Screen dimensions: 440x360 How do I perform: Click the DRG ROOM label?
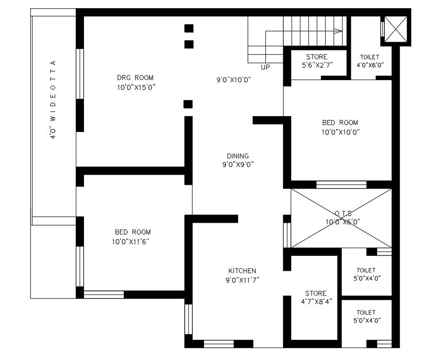[135, 77]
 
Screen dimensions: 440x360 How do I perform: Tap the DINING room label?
[238, 156]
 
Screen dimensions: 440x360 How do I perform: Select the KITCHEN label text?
[242, 271]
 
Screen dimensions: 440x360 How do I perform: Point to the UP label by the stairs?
[265, 67]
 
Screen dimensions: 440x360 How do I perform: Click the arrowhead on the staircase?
[338, 31]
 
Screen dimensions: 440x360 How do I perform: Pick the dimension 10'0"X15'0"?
[136, 87]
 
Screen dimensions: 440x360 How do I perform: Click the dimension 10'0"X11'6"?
[131, 241]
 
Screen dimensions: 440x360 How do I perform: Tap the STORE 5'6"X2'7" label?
[317, 61]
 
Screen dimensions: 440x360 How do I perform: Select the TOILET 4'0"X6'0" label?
[370, 61]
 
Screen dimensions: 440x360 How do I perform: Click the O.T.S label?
[343, 213]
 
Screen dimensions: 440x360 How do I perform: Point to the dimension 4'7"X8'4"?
[317, 301]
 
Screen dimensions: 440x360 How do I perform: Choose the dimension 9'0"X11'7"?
[242, 280]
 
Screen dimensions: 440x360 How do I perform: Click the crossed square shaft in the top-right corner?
[395, 29]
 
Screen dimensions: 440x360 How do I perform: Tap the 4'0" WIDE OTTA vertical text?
[53, 99]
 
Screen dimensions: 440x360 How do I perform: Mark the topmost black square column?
[189, 28]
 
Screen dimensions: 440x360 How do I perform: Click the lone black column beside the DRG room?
[188, 104]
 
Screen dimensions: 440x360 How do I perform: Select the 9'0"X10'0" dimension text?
[234, 80]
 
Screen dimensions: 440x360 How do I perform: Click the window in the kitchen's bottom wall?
[219, 344]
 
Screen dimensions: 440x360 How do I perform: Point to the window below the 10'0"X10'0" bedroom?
[342, 184]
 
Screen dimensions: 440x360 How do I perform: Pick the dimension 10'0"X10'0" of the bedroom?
[341, 132]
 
